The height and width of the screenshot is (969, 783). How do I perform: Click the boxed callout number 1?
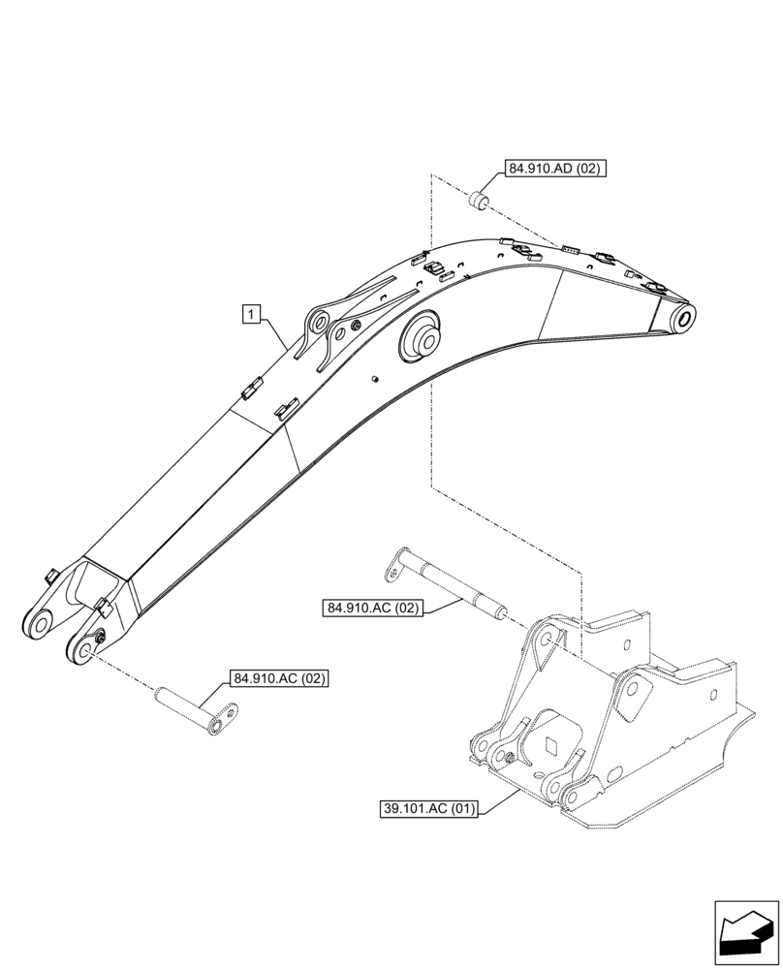[251, 313]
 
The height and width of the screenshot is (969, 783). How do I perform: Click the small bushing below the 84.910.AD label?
[478, 201]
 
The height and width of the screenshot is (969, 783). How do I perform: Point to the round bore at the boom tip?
[684, 318]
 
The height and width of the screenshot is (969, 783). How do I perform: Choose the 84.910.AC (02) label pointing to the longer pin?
[373, 609]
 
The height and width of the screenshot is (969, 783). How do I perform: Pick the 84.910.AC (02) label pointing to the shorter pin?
[278, 678]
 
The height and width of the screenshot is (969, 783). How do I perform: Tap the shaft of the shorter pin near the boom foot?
[185, 700]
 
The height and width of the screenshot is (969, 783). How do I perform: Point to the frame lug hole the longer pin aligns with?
[547, 639]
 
